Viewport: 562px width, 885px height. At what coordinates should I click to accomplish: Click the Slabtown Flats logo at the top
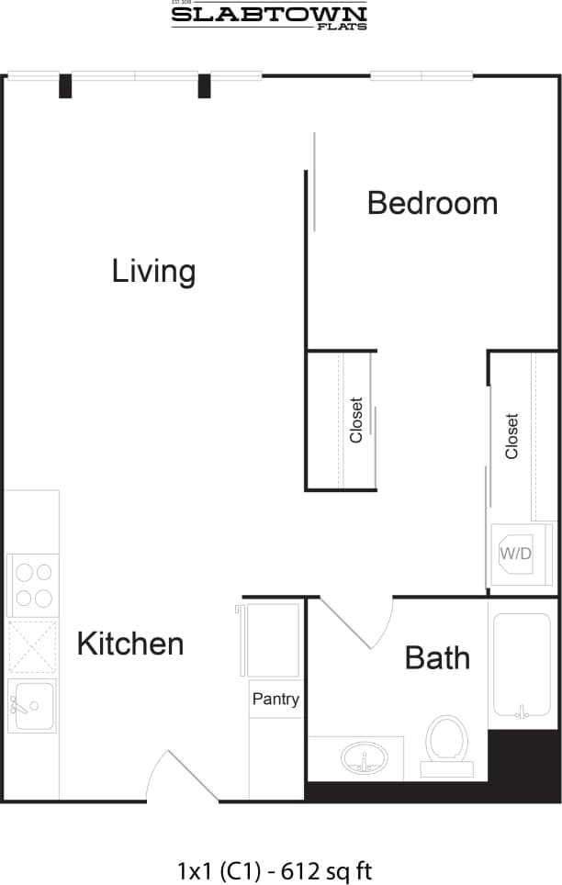[x=269, y=16]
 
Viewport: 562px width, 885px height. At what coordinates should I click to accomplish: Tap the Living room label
[x=153, y=271]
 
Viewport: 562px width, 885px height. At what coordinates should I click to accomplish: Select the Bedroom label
[x=432, y=203]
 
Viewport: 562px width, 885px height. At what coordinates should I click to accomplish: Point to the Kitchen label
[x=129, y=644]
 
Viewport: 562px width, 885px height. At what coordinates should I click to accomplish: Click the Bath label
[x=437, y=657]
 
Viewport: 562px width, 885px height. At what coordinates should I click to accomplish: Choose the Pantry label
[x=275, y=699]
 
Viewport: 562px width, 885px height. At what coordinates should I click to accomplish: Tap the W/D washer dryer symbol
[x=515, y=553]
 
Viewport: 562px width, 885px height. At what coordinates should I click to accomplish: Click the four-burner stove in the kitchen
[x=33, y=586]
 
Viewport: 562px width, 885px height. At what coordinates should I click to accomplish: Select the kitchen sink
[x=32, y=706]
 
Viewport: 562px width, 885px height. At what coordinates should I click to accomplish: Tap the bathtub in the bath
[x=523, y=664]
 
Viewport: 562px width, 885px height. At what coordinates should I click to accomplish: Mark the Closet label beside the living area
[x=356, y=420]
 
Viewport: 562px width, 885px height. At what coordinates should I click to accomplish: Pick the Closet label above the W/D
[x=511, y=436]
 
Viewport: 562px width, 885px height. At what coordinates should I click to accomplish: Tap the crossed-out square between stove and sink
[x=33, y=647]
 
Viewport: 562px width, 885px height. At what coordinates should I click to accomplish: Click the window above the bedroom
[x=421, y=76]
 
